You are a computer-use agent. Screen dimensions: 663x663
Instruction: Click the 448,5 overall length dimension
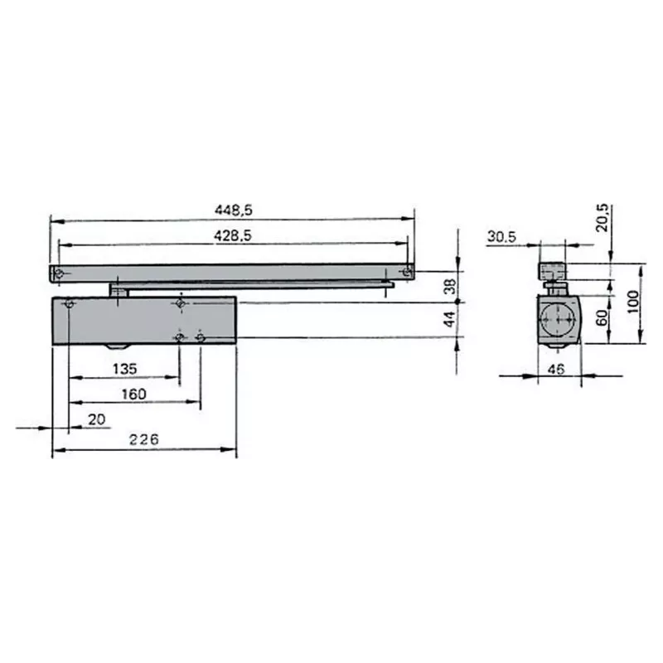click(x=232, y=211)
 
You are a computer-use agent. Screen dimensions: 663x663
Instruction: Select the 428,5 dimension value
click(x=232, y=236)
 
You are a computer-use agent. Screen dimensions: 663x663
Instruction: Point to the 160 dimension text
click(x=133, y=394)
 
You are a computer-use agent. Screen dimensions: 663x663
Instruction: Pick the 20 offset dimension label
click(x=97, y=419)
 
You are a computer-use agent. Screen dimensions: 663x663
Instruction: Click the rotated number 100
click(x=633, y=302)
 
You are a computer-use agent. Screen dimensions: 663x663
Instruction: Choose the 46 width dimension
click(x=556, y=370)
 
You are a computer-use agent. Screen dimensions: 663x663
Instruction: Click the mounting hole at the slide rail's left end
click(x=58, y=273)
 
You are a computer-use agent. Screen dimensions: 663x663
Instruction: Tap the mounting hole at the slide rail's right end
click(x=406, y=272)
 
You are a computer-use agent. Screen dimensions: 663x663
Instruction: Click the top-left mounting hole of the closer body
click(x=69, y=304)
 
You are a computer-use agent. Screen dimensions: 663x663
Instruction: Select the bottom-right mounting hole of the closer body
click(x=200, y=337)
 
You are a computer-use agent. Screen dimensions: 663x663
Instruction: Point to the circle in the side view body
click(x=557, y=319)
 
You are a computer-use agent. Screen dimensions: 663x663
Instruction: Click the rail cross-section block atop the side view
click(x=552, y=271)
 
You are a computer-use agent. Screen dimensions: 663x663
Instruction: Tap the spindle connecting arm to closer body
click(x=120, y=290)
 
